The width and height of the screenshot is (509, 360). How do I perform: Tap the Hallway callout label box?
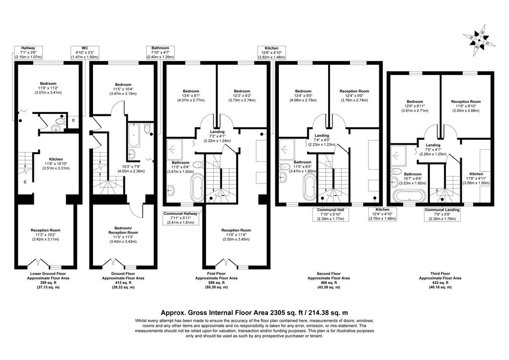(x=28, y=52)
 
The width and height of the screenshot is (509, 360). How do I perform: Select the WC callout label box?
(x=85, y=52)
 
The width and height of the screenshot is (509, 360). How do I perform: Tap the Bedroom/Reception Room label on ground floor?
(x=123, y=230)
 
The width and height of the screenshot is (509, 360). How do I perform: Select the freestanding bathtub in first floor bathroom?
(x=197, y=187)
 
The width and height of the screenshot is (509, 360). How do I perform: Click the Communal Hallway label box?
(x=180, y=218)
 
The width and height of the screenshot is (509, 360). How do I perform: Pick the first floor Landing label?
(x=217, y=132)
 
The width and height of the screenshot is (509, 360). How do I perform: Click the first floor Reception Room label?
(x=236, y=230)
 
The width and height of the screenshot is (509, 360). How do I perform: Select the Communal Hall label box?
(x=331, y=214)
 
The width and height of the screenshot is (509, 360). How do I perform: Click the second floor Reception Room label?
(x=354, y=91)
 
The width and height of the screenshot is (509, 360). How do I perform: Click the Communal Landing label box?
(x=442, y=214)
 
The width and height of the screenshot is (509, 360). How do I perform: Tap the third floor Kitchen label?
(x=476, y=174)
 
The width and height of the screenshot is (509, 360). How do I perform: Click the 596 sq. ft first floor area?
(x=216, y=283)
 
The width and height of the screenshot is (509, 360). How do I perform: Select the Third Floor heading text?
(x=440, y=273)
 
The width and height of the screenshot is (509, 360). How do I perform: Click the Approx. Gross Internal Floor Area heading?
(x=254, y=313)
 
